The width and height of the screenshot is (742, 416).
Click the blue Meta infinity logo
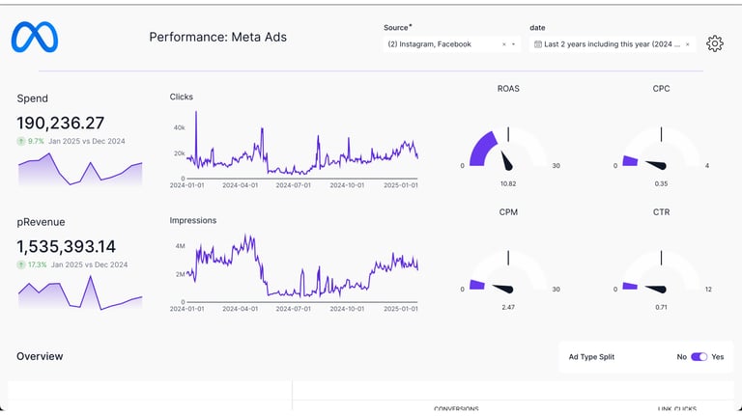click(35, 38)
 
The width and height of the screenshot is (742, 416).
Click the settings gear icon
click(715, 43)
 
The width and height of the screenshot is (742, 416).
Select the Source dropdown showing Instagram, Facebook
click(450, 44)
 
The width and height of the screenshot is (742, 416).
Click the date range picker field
click(613, 44)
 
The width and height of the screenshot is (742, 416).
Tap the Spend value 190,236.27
click(60, 123)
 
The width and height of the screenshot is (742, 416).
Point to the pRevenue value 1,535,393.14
click(66, 246)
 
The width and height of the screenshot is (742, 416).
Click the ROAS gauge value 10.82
click(508, 183)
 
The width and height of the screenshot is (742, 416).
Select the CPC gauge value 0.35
click(661, 183)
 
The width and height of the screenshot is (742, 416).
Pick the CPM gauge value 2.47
click(508, 307)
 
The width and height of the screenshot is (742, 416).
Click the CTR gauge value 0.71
click(661, 307)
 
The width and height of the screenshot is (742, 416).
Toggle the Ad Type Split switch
click(699, 357)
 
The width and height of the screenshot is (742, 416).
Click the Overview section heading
click(40, 356)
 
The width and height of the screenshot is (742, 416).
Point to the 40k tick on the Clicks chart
click(179, 127)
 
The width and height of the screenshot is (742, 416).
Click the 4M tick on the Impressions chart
click(179, 247)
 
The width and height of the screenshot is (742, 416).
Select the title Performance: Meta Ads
click(217, 38)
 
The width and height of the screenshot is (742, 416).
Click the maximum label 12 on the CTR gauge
click(708, 290)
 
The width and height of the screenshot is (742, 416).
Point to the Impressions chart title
click(193, 220)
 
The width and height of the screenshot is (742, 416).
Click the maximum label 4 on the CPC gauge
click(706, 166)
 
